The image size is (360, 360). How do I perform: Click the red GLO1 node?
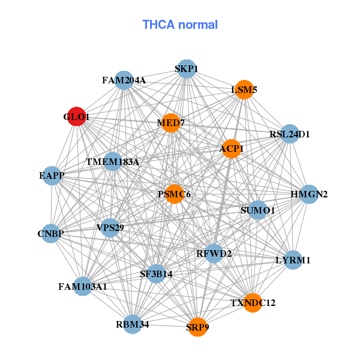tap(76, 116)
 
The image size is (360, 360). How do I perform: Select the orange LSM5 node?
tap(244, 90)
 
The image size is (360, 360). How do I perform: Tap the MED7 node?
tap(171, 123)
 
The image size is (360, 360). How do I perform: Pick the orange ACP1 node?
tap(232, 148)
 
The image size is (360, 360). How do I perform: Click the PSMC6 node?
tap(174, 194)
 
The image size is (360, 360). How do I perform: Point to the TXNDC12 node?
tap(253, 303)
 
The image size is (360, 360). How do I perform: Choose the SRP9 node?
tap(197, 327)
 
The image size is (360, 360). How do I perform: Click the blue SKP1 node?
tap(187, 69)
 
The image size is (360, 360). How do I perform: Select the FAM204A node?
tap(124, 80)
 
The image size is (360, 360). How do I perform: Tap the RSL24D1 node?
tap(290, 134)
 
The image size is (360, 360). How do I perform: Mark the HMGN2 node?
tap(308, 194)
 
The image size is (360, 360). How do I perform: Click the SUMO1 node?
tap(257, 210)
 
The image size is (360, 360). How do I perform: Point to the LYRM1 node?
tap(293, 260)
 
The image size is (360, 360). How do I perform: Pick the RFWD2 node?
tap(214, 253)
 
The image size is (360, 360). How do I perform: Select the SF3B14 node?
tap(156, 274)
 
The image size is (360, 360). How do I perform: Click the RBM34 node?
tap(132, 324)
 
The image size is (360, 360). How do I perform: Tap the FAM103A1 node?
tap(83, 286)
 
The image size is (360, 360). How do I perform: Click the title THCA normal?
tap(180, 25)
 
